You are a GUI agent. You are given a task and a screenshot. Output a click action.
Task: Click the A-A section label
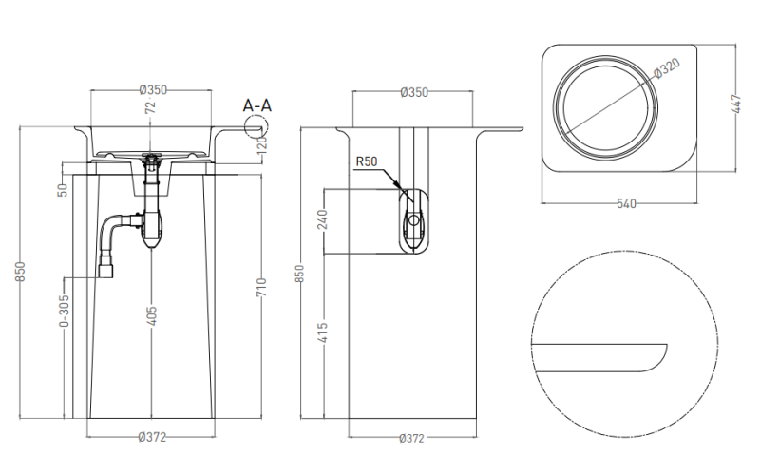point(256,104)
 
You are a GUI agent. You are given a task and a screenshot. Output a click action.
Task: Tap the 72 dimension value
point(149,110)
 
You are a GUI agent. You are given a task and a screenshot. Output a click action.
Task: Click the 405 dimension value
point(152,315)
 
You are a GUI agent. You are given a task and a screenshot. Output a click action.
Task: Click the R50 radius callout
point(367,162)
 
